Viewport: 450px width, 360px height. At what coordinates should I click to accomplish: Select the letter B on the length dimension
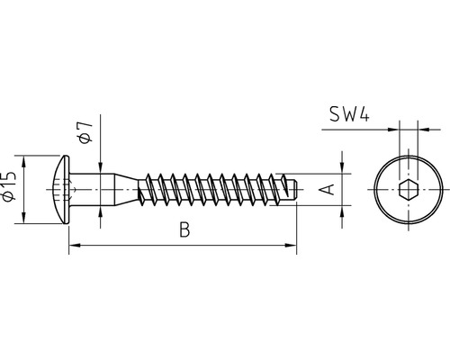click(x=184, y=231)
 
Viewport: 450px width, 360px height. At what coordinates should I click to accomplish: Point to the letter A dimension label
click(x=328, y=190)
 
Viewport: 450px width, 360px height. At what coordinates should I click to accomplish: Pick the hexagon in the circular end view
click(x=405, y=191)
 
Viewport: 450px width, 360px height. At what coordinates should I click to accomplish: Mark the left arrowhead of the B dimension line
click(x=75, y=245)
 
